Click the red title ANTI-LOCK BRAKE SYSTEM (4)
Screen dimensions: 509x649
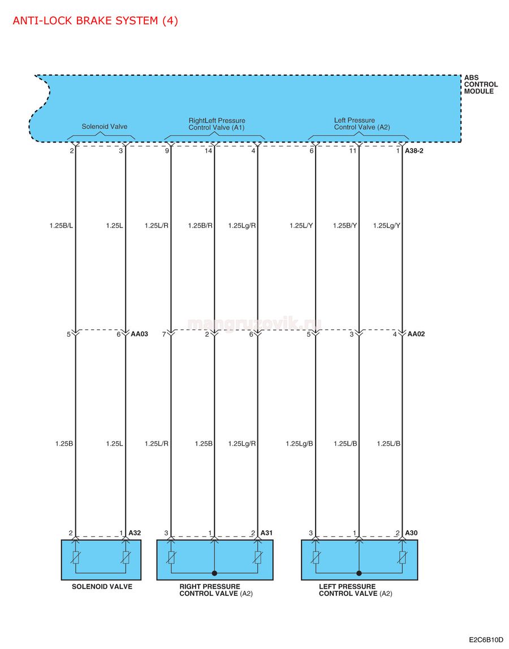coord(95,21)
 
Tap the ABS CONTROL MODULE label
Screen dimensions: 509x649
coord(481,84)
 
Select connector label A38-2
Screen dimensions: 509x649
coord(414,151)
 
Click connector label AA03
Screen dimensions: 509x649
coord(140,334)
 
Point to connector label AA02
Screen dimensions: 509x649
coord(416,334)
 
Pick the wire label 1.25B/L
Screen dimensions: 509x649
coord(61,226)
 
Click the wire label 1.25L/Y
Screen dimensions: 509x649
coord(301,226)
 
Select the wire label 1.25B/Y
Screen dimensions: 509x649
coord(345,226)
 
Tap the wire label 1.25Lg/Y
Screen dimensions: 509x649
coord(387,226)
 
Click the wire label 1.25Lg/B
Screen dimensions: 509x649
coord(299,444)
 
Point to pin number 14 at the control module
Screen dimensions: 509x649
coord(209,151)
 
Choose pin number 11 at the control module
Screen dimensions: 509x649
coord(352,151)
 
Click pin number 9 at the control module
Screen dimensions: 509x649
coord(167,151)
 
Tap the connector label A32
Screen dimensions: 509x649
coord(135,533)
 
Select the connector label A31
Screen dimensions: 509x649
coord(266,533)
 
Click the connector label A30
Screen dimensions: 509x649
coord(411,533)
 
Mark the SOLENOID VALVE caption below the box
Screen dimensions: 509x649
coord(102,587)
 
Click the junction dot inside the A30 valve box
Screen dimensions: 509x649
coord(359,573)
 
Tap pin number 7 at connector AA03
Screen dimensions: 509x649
coord(164,334)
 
